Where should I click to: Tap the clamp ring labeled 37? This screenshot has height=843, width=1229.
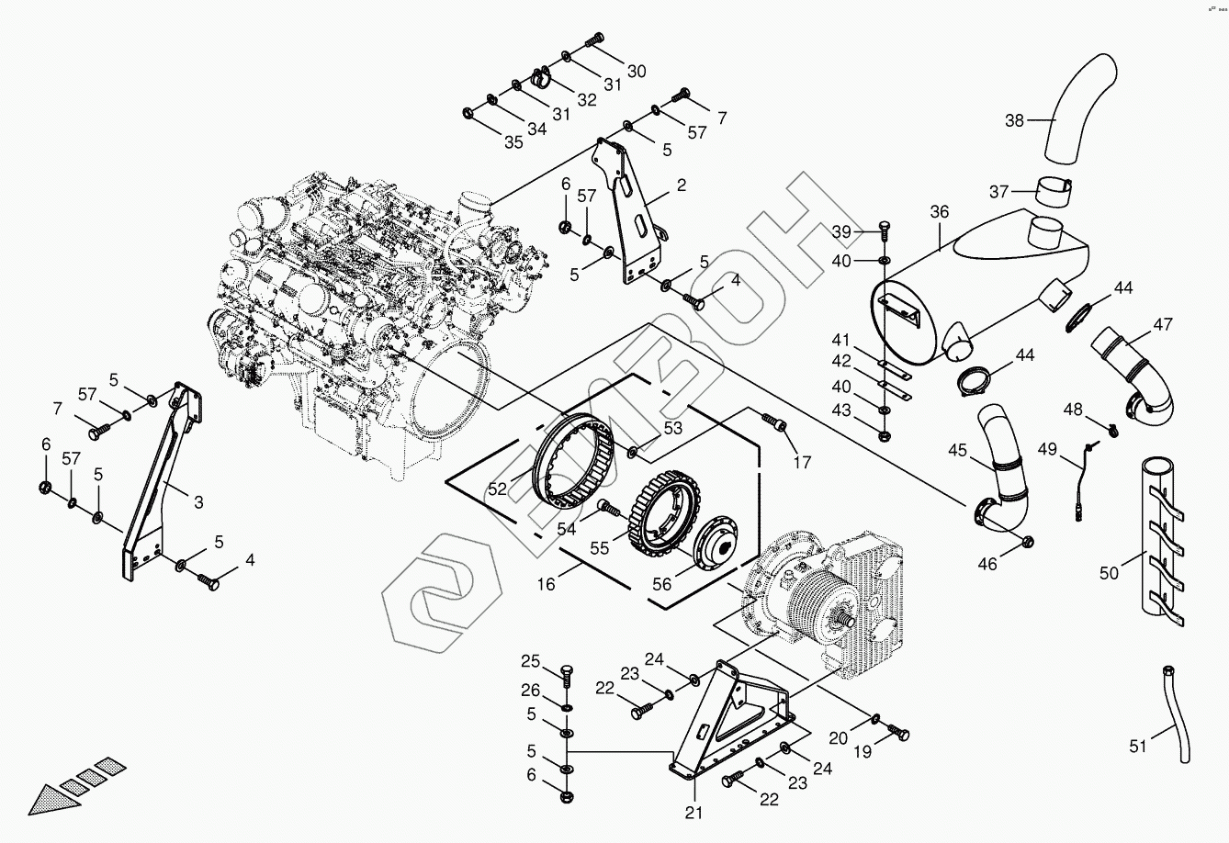point(1054,193)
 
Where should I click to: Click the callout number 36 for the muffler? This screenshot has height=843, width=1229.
point(939,212)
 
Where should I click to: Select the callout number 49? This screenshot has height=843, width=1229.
point(1048,449)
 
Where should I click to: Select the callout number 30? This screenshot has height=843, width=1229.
point(636,71)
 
